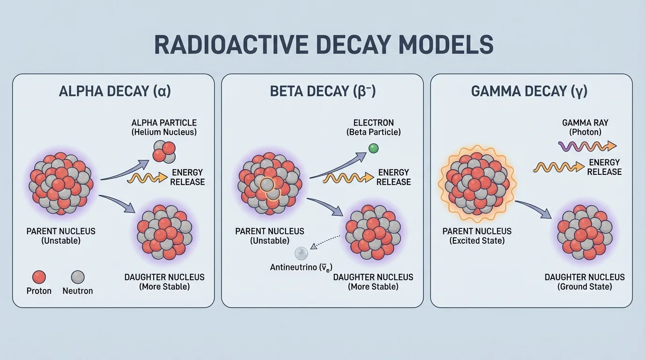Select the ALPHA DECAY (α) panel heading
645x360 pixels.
click(x=115, y=91)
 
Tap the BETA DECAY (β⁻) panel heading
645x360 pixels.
click(x=323, y=91)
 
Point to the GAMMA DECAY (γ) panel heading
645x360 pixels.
click(x=529, y=91)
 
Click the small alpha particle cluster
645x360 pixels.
click(x=163, y=150)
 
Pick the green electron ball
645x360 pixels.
click(x=373, y=149)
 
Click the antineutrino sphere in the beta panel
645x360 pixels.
click(x=301, y=254)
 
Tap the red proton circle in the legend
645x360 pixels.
click(x=40, y=277)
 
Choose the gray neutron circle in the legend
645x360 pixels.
click(x=77, y=277)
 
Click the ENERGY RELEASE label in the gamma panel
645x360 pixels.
click(x=604, y=167)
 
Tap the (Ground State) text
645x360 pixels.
click(x=585, y=286)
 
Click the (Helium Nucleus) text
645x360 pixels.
click(x=164, y=132)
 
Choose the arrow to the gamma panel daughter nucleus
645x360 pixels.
click(x=533, y=208)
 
